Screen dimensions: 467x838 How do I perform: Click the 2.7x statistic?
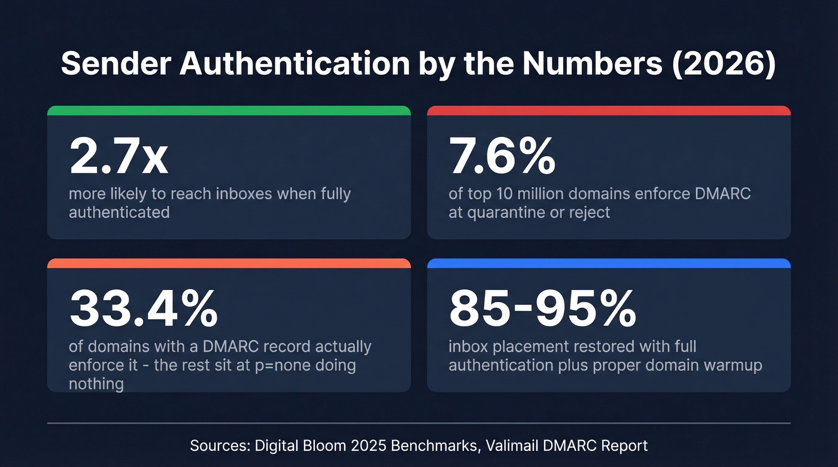pos(119,157)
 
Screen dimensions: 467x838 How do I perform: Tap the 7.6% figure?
pos(502,157)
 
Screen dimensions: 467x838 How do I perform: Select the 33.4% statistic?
pos(144,309)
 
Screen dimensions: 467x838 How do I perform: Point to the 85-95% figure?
pos(542,309)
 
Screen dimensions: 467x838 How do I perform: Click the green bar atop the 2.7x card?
pos(229,111)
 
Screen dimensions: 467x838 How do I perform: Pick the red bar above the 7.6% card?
pos(609,111)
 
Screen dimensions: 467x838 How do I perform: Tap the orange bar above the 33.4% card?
pos(229,263)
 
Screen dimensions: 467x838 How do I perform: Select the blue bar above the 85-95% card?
pos(609,263)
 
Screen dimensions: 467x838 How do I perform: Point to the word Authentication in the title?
pos(288,64)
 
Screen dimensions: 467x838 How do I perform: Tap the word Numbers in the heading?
pos(592,64)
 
